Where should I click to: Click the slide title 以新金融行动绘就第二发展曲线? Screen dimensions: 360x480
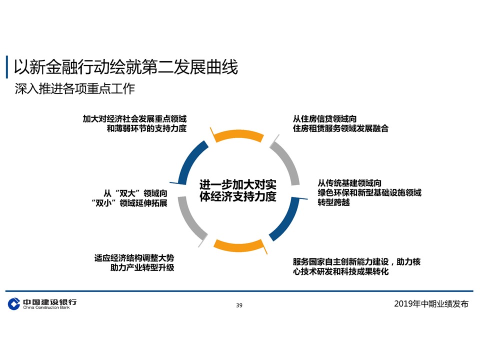coord(125,66)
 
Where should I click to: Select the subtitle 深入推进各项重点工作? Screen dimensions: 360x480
coord(75,89)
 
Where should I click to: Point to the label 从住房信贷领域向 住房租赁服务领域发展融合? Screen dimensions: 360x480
coord(340,123)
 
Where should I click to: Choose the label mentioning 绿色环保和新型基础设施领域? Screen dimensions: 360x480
coord(369,192)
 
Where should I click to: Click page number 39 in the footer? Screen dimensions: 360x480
coord(239,305)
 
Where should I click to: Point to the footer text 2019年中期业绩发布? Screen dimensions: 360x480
coord(431,304)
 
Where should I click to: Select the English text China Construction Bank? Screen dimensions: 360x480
coord(46,307)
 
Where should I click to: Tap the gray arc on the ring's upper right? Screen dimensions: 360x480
coord(285,158)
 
